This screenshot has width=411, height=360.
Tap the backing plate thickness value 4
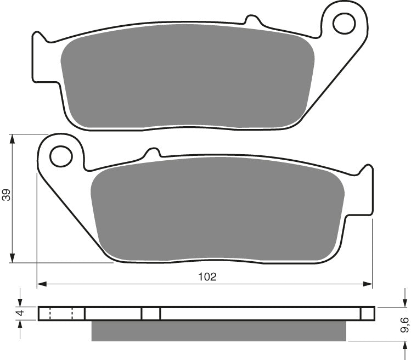(x=20, y=313)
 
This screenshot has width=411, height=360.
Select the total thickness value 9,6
(x=404, y=324)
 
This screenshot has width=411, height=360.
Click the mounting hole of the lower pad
(x=61, y=156)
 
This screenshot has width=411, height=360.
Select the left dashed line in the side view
(x=50, y=313)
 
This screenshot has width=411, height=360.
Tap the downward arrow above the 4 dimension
(x=20, y=302)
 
